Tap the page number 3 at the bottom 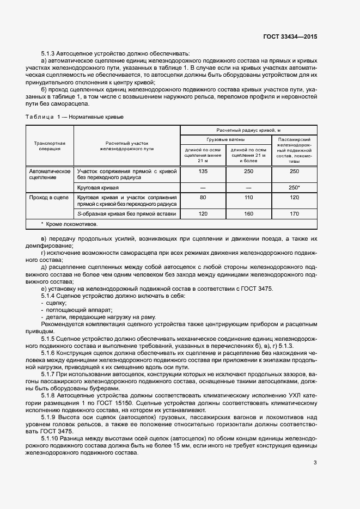click(x=315, y=463)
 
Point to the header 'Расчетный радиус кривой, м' click(x=248, y=131)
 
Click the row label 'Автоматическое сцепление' click(x=50, y=174)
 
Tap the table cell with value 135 click(x=203, y=171)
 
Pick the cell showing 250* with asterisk click(x=295, y=187)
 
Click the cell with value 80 click(x=203, y=197)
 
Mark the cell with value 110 click(x=248, y=197)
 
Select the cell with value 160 click(x=248, y=214)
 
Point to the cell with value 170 click(x=295, y=214)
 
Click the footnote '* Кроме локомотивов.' click(x=68, y=224)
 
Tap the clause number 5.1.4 click(x=50, y=295)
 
